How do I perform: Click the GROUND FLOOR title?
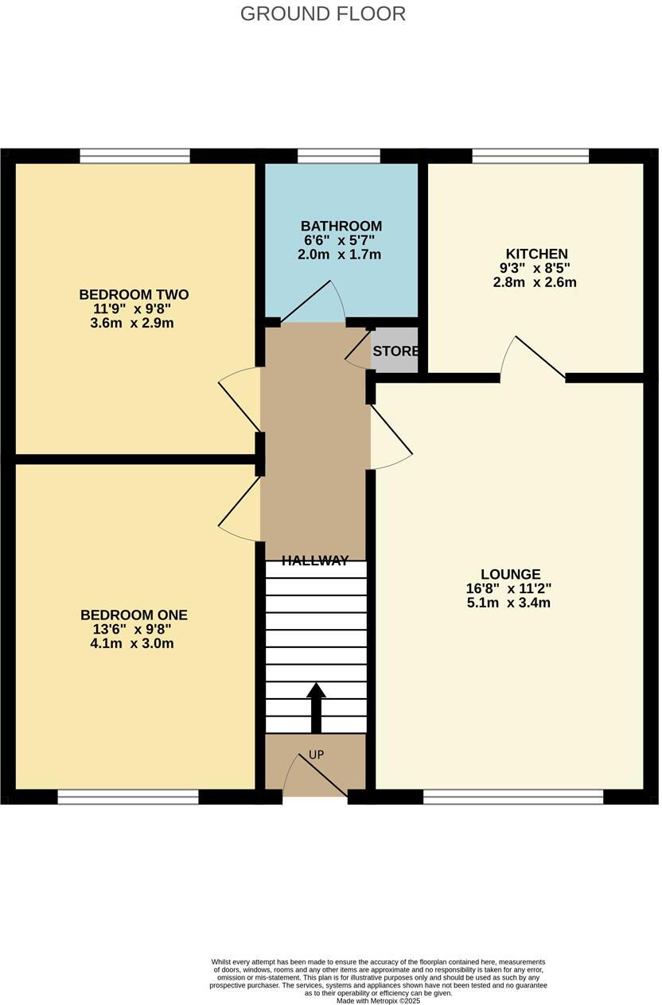tap(322, 14)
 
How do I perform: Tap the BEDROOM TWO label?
tap(134, 295)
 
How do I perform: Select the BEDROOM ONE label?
tap(134, 615)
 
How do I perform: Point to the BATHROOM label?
tap(341, 227)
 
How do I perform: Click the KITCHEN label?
tap(536, 254)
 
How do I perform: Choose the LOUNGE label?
tap(510, 574)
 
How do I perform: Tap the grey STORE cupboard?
tap(395, 351)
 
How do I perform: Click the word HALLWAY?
tap(315, 561)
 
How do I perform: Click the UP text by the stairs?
tap(316, 755)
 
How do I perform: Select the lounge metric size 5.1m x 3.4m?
tap(509, 603)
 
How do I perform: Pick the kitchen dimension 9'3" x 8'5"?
tap(535, 269)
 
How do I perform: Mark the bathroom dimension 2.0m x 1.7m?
tap(341, 254)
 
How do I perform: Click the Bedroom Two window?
tap(134, 156)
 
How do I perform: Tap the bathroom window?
tap(338, 156)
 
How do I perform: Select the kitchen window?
tap(530, 156)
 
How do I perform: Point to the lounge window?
tap(513, 797)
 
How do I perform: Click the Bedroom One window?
tap(127, 797)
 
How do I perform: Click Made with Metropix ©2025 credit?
tap(378, 1001)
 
